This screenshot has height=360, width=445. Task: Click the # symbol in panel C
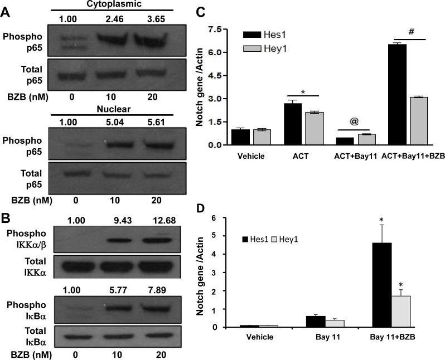tap(411, 32)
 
